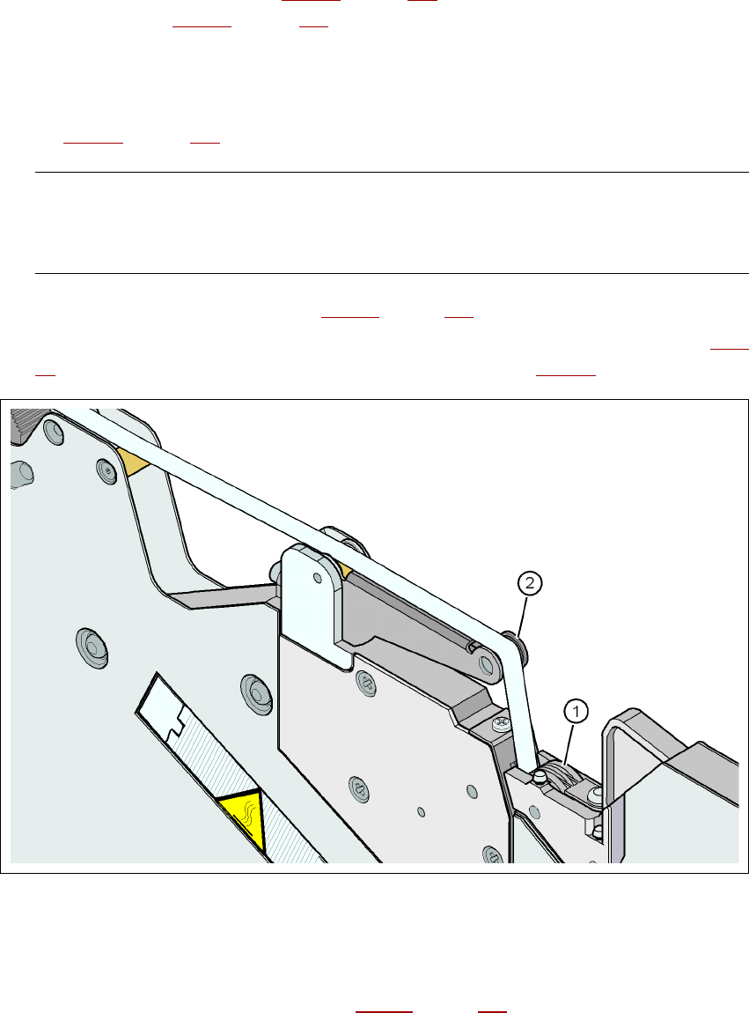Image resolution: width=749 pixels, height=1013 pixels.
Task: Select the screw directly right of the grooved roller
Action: click(x=598, y=796)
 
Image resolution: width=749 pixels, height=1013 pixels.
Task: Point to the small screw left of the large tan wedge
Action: click(x=107, y=472)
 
